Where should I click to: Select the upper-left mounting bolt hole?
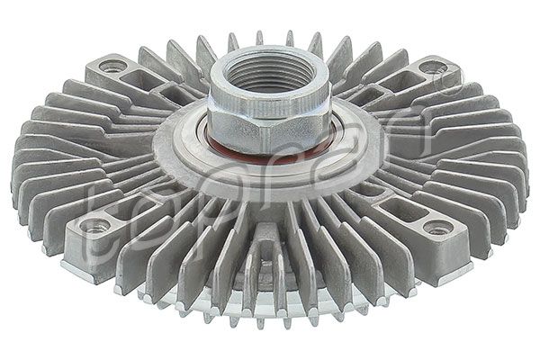point(112,66)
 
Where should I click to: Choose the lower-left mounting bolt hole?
point(95,225)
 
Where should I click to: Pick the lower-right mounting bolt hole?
point(438,227)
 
